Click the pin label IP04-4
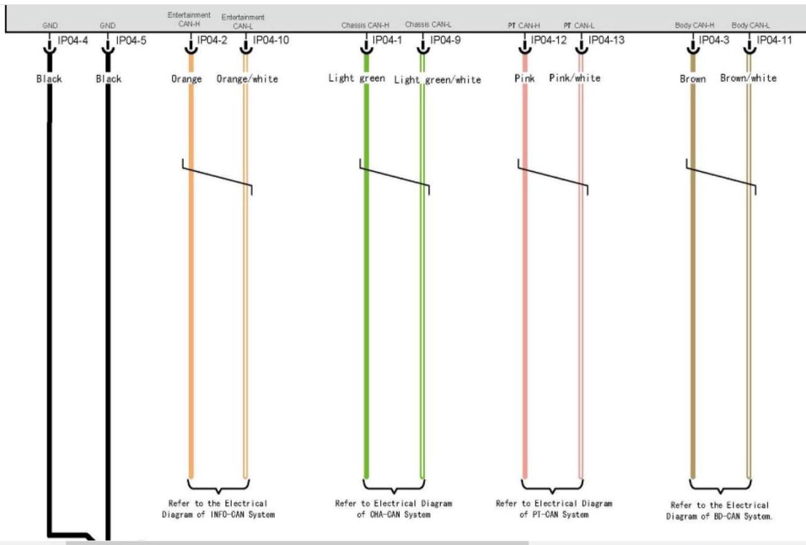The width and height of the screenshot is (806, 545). coord(72,42)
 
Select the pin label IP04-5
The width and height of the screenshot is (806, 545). coord(131,42)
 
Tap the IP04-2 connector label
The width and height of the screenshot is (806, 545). coord(212,41)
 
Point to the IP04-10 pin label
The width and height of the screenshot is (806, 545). coord(271,41)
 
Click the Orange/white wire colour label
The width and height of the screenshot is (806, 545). coord(247,79)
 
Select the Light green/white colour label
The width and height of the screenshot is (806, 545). coord(437,80)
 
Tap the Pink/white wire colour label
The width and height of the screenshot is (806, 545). coord(574,78)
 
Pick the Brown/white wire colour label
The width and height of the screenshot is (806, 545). coord(748,78)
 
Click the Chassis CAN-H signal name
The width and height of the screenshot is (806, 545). coord(365,26)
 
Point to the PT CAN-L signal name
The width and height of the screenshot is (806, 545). coord(579,26)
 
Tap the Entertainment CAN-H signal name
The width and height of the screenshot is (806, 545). coord(189,20)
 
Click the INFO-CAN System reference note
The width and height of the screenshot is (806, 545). coord(218,509)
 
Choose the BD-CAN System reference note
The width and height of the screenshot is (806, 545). coord(719,511)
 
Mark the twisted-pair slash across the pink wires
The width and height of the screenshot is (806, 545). coord(553,177)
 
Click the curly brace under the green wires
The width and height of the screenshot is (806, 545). coord(394,487)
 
